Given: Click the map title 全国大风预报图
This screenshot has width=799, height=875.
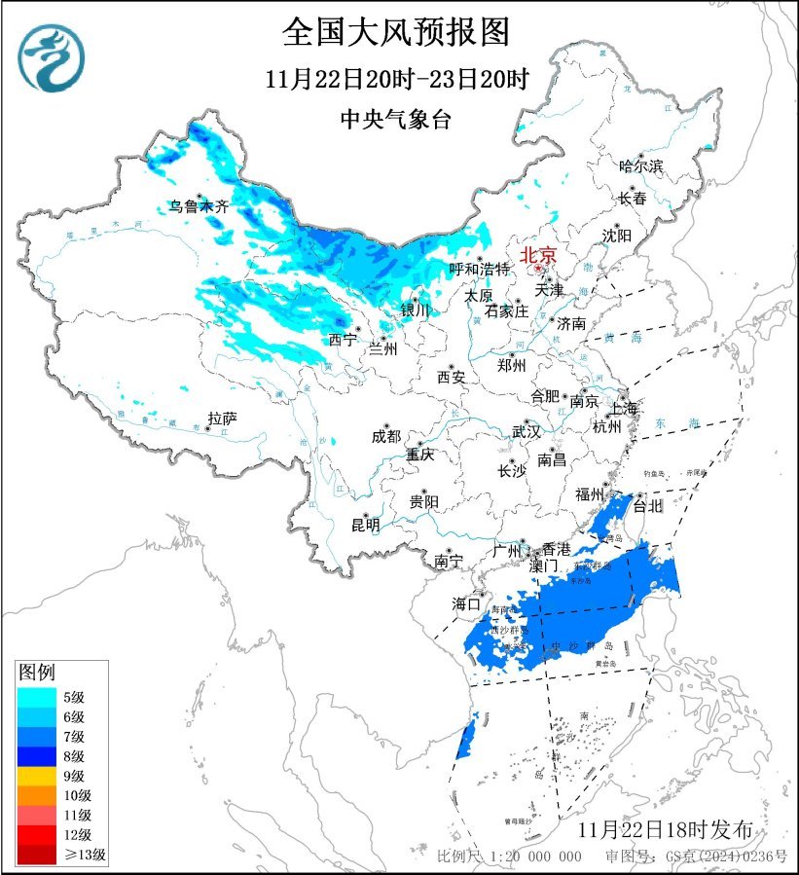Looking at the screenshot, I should (396, 32).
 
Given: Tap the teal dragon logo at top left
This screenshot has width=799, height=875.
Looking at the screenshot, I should (51, 55).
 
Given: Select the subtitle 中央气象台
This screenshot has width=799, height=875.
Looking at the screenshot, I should (396, 119).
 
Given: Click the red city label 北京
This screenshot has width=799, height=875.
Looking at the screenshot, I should (538, 255).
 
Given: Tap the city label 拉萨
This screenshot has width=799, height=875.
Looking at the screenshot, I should (222, 419).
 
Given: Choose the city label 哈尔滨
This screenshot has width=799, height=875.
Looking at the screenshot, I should (640, 166).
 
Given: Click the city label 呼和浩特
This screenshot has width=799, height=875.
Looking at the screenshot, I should (480, 269).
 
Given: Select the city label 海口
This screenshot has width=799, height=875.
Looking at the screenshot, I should (466, 603).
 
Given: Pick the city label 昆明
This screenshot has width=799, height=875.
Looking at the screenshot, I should (366, 526).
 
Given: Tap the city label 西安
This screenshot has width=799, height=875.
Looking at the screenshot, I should (451, 376).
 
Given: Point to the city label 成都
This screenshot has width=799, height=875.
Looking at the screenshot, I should (385, 437).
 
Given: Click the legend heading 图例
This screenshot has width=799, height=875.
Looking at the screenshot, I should (38, 673).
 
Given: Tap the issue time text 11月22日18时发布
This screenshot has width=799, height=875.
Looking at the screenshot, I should (665, 830).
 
